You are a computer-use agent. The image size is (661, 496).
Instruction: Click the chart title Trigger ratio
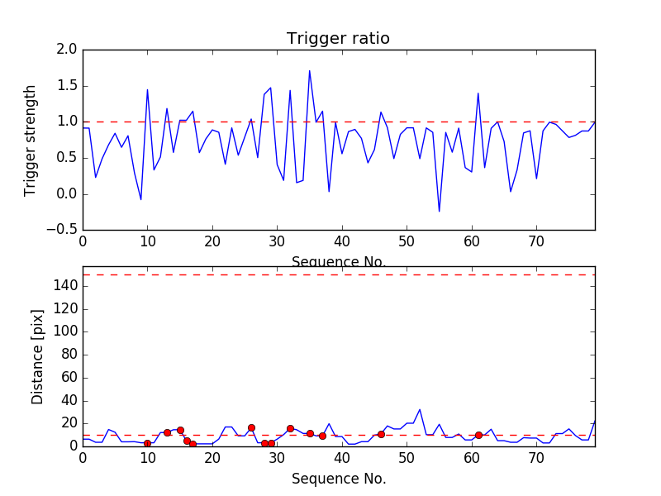(338, 39)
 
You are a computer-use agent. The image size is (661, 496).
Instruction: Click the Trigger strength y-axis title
(31, 140)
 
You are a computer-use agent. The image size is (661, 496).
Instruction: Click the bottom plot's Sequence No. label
(339, 479)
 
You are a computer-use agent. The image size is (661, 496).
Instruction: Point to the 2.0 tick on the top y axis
(68, 50)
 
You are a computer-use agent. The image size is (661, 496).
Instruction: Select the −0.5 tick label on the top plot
(62, 230)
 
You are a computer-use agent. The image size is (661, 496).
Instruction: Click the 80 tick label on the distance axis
(69, 355)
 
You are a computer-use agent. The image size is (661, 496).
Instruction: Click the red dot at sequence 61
(478, 435)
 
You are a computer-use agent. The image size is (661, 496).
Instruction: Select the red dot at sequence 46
(381, 434)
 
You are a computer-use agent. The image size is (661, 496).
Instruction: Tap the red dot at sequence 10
(147, 444)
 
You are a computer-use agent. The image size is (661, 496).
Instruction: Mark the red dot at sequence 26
(251, 427)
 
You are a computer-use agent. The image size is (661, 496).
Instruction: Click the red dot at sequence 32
(290, 428)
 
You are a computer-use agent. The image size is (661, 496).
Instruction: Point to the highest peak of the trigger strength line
(310, 70)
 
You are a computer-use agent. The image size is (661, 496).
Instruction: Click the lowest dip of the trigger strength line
(440, 212)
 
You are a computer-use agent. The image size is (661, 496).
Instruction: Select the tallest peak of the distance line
(420, 409)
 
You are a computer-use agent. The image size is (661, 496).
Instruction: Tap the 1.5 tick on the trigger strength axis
(68, 86)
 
